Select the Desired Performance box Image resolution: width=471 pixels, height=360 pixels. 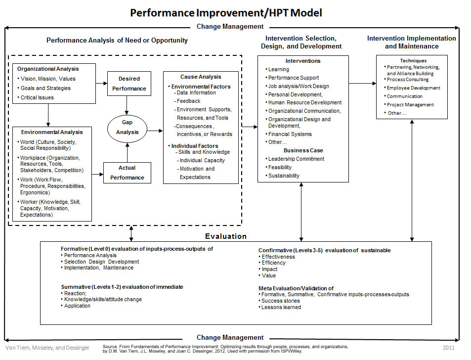129,84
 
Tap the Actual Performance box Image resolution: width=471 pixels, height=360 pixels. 127,173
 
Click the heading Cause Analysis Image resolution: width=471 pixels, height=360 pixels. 201,77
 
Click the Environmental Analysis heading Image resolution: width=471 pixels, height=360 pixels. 52,132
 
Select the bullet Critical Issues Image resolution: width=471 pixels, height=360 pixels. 37,97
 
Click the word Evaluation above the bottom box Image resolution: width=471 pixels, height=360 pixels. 226,236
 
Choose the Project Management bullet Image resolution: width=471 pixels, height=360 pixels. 410,105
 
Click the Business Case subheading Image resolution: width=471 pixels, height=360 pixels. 303,150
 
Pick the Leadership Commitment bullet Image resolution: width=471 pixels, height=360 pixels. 296,159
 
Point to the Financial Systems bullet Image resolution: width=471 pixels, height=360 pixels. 290,134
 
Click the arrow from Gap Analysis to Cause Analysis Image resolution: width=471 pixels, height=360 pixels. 155,131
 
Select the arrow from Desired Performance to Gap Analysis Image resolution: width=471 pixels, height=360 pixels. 127,104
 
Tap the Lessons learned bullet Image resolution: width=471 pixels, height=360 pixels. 281,307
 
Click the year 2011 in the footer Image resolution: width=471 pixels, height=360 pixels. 449,348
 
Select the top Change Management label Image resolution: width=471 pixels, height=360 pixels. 230,27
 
